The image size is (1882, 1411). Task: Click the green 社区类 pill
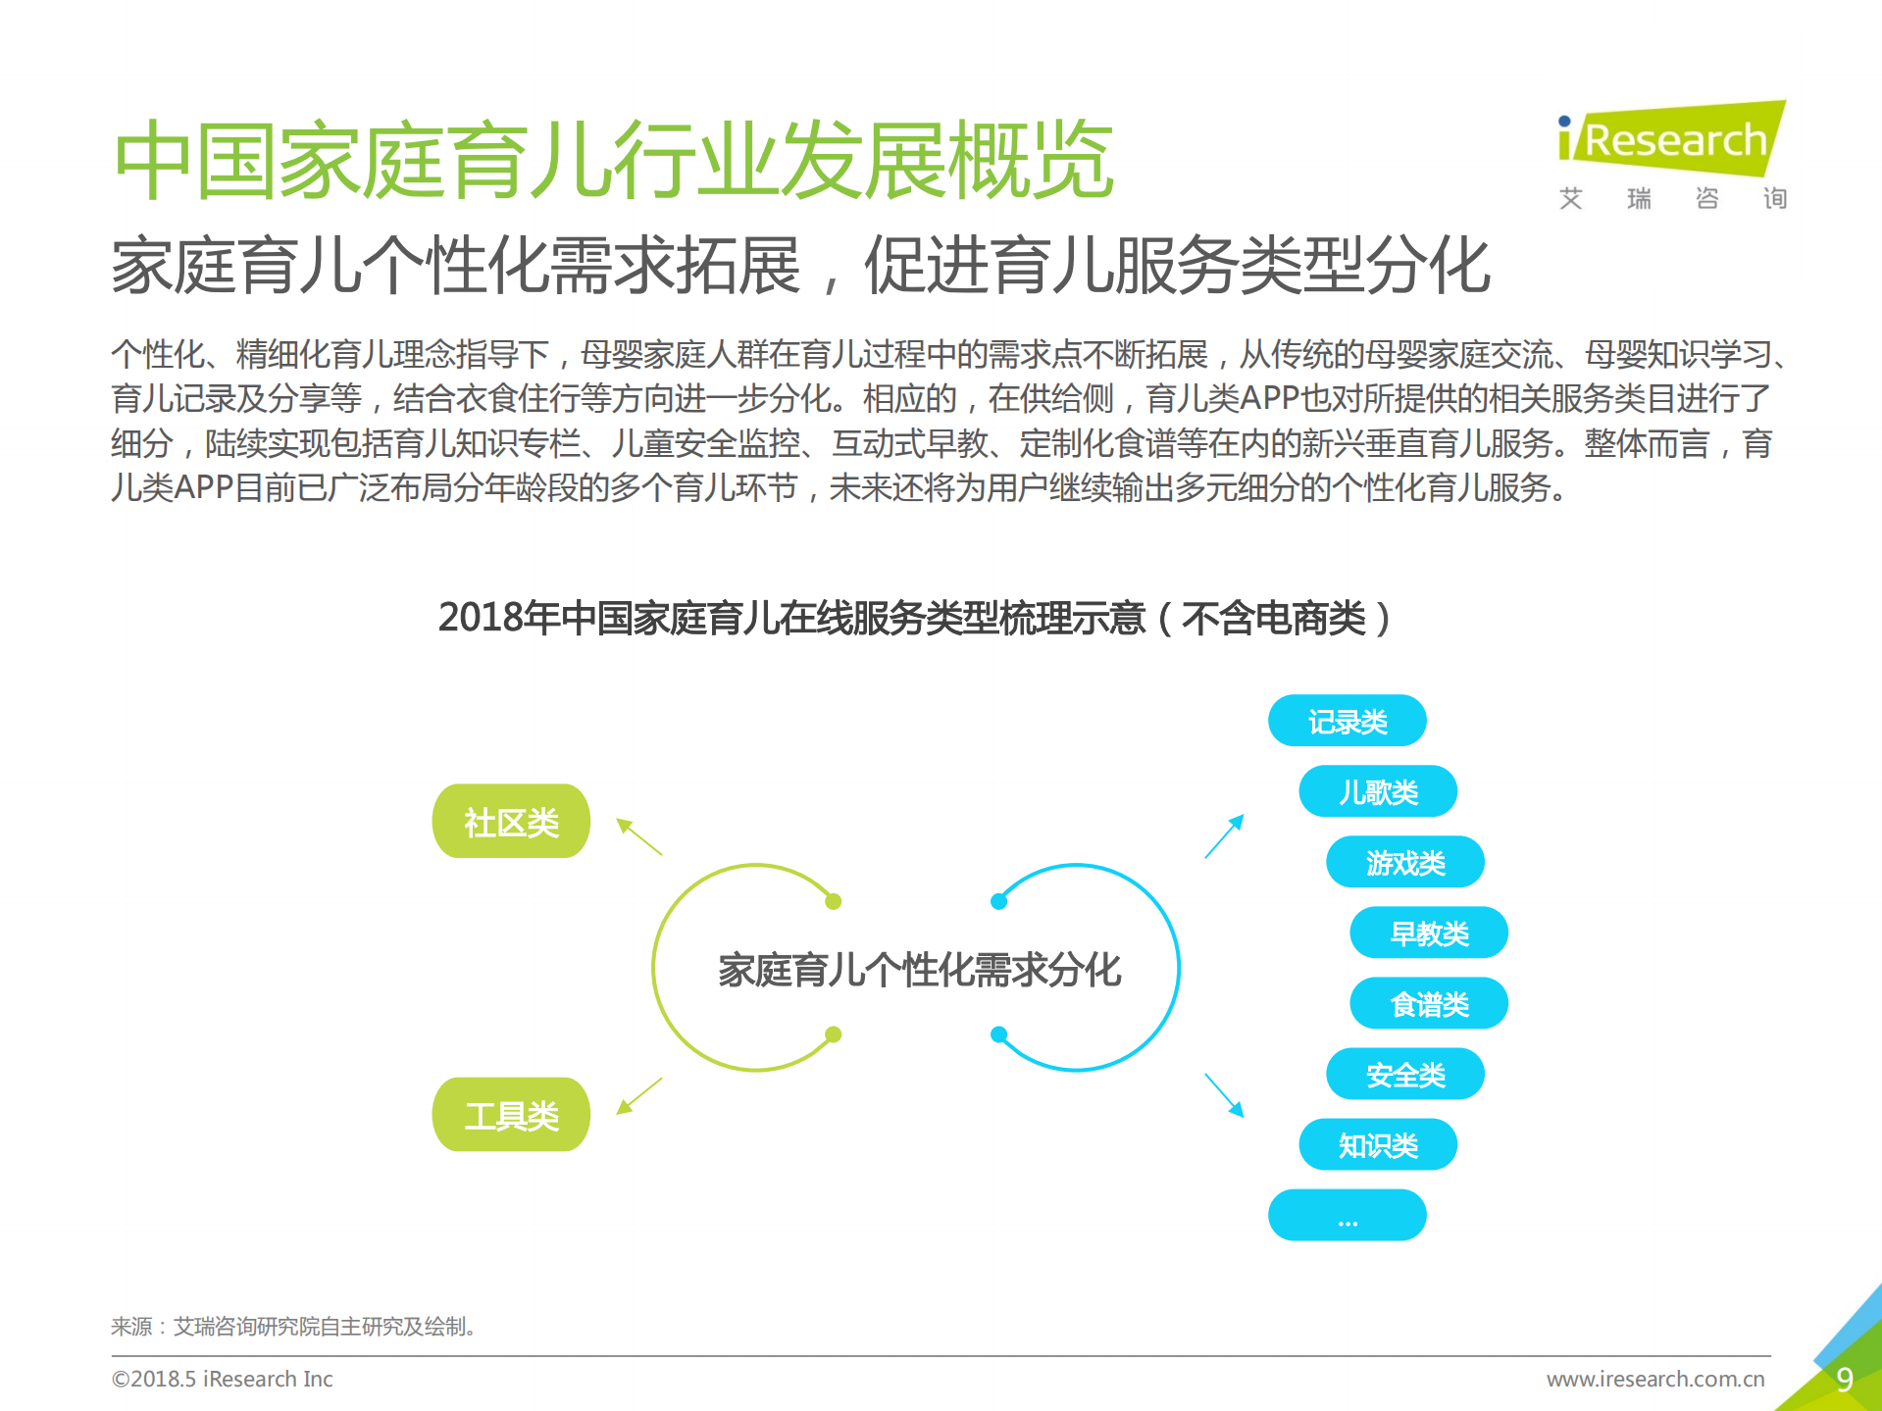511,822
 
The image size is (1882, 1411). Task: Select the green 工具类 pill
511,1115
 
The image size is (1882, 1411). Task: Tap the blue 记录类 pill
1347,722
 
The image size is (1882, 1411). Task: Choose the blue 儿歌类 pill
1378,791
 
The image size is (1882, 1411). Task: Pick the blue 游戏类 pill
1404,863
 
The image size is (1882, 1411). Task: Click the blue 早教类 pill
1428,933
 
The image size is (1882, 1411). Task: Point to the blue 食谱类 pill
1428,1004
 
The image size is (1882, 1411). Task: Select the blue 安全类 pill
1404,1075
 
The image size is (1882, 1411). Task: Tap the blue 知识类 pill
1378,1145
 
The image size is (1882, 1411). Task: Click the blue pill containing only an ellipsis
1347,1216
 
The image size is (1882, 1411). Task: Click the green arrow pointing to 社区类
638,836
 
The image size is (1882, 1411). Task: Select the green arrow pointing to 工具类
638,1096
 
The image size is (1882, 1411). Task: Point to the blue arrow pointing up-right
1224,836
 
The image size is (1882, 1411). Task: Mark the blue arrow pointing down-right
1224,1095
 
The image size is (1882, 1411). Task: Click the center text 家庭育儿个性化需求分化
919,970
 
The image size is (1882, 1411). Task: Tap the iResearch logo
1672,139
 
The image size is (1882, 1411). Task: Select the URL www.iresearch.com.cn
1654,1379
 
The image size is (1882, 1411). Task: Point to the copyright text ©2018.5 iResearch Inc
223,1379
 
